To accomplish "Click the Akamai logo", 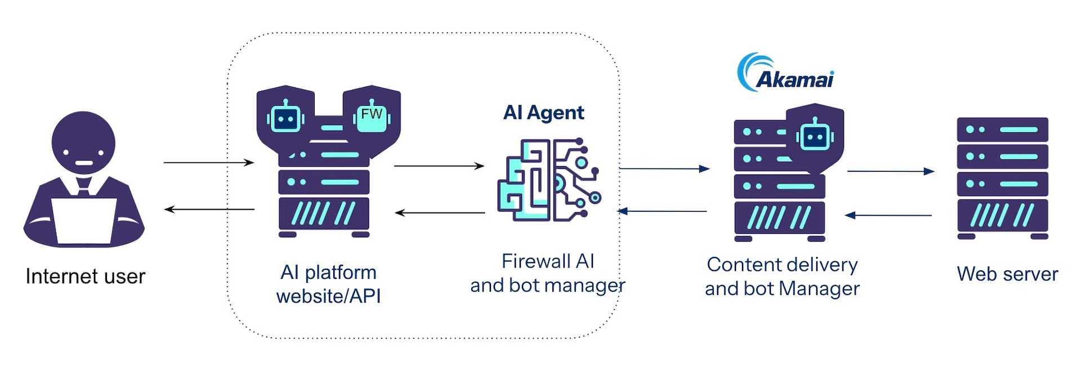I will coord(785,73).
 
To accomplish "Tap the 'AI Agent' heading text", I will coord(543,113).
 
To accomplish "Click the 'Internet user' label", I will coord(86,277).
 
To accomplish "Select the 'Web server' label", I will coord(1007,274).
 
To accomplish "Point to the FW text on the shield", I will coord(372,114).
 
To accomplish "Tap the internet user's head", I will coord(83,143).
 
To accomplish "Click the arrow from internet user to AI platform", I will coord(208,163).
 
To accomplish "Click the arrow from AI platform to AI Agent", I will coord(439,166).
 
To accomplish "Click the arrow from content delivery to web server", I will coord(891,171).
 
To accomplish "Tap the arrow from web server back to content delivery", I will coord(888,215).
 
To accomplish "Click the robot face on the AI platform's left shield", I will coord(285,118).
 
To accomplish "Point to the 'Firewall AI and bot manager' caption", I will coord(548,274).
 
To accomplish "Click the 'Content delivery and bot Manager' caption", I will coord(782,277).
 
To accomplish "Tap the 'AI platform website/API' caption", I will coord(329,284).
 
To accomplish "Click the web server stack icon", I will coord(1002,177).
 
